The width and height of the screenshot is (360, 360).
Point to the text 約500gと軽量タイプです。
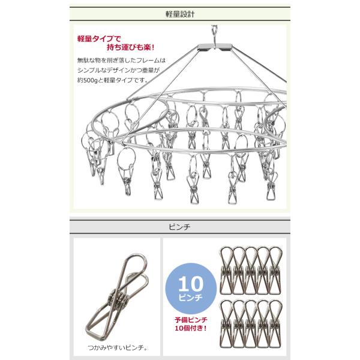(x=116, y=81)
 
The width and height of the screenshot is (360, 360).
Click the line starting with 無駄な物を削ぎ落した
(x=121, y=61)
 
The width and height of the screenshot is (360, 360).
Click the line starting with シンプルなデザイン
(x=121, y=71)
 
